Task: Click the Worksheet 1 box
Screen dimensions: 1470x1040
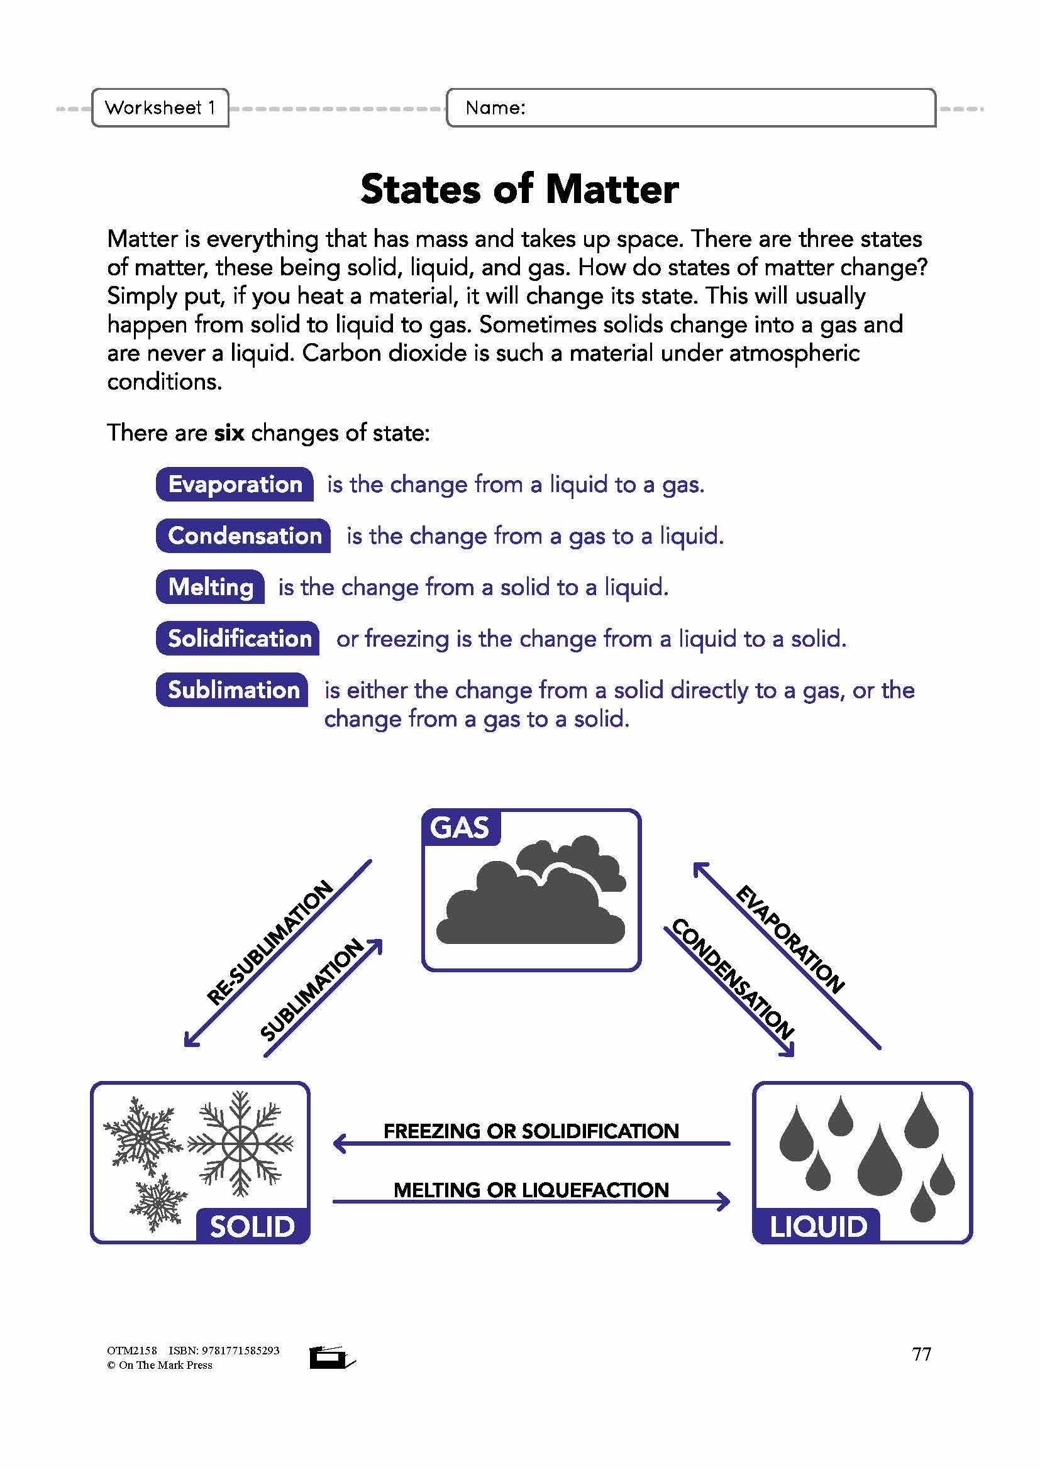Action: click(x=160, y=107)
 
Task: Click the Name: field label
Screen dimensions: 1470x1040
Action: click(x=495, y=107)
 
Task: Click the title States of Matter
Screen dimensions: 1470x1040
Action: click(x=519, y=190)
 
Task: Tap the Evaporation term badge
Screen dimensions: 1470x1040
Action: click(x=235, y=484)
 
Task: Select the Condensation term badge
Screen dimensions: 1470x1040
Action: click(x=244, y=535)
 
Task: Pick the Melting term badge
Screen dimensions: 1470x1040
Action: click(x=211, y=586)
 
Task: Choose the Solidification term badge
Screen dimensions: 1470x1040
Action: click(x=239, y=639)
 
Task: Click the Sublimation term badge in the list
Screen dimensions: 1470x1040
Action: click(x=233, y=689)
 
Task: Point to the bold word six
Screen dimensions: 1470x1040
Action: click(x=230, y=433)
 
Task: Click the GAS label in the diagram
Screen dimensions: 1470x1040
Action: click(x=460, y=827)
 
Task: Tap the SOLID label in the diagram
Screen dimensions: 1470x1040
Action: click(x=252, y=1227)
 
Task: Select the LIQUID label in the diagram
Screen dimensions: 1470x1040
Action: click(x=818, y=1227)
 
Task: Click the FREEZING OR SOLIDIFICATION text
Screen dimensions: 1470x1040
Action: click(x=531, y=1131)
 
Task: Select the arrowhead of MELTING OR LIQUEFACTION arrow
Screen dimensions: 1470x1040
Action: click(x=724, y=1201)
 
